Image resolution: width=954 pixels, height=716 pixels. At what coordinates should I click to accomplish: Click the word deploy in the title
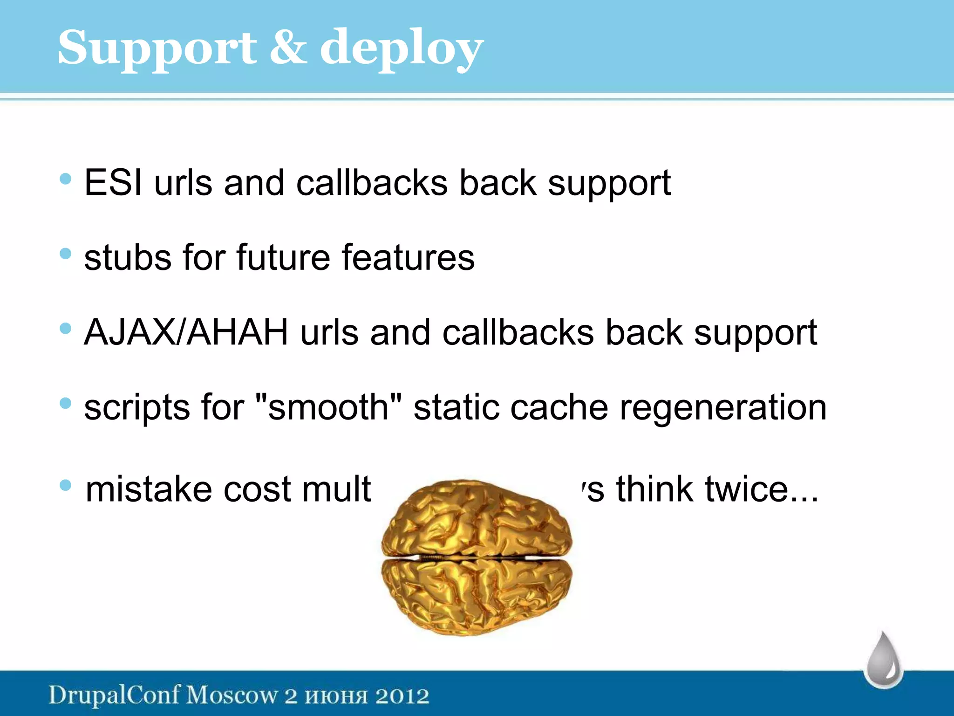[401, 49]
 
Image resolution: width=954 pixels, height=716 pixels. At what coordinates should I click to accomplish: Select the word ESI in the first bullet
[113, 182]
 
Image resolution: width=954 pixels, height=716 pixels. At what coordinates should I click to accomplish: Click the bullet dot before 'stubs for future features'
[66, 254]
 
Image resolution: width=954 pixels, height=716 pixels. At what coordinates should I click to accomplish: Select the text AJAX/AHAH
[186, 333]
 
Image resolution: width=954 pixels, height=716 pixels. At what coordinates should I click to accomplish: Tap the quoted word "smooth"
[329, 407]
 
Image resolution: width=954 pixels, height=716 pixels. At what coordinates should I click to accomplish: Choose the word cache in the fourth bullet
[559, 407]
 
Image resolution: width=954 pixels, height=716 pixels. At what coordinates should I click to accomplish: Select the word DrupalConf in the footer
[114, 695]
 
